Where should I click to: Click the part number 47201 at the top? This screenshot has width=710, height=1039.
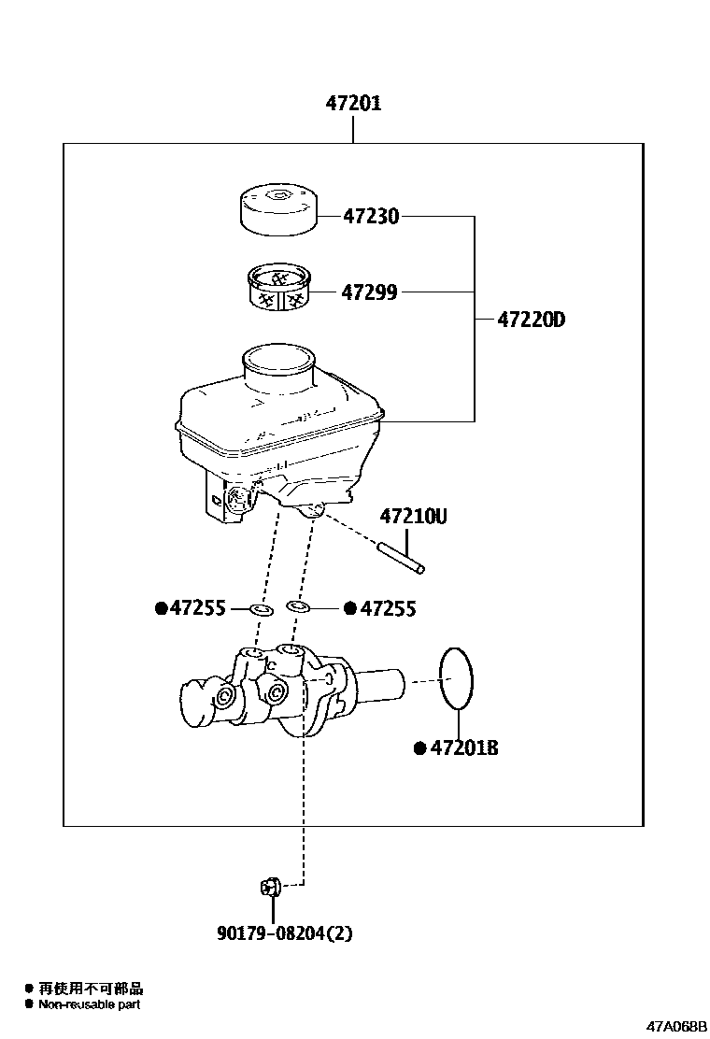[x=353, y=104]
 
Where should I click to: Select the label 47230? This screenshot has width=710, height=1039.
[x=371, y=217]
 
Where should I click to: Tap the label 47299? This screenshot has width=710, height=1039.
[x=369, y=292]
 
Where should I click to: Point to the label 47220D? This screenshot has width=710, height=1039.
[x=531, y=320]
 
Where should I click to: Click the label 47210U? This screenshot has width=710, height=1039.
[x=413, y=516]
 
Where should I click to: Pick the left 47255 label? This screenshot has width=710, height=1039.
[x=197, y=609]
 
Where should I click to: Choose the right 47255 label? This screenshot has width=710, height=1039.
[x=387, y=609]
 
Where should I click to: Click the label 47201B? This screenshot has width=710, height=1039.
[x=463, y=748]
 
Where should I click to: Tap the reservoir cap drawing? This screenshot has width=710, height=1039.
[x=277, y=210]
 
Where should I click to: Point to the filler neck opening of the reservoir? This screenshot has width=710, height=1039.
[x=279, y=358]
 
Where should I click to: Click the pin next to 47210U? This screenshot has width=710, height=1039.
[x=402, y=557]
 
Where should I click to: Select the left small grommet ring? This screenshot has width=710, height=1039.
[x=262, y=610]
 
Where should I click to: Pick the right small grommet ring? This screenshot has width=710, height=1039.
[x=298, y=608]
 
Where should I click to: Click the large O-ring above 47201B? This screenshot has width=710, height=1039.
[x=456, y=677]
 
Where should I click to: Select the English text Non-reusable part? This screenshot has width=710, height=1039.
[x=90, y=1004]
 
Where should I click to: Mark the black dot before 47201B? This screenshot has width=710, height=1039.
[x=419, y=748]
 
